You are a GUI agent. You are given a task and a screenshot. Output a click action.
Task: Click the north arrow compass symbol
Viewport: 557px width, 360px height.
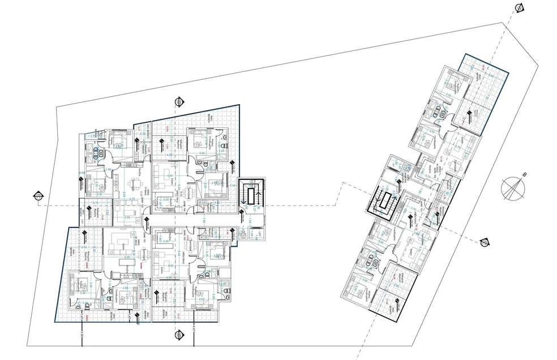pyautogui.click(x=512, y=188)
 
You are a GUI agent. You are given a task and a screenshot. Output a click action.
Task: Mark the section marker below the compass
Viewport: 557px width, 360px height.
pyautogui.click(x=484, y=243)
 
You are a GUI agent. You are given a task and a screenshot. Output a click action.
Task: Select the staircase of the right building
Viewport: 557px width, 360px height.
pyautogui.click(x=385, y=202)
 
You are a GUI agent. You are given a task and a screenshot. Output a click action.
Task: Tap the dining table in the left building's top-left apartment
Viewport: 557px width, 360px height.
pyautogui.click(x=136, y=184)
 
